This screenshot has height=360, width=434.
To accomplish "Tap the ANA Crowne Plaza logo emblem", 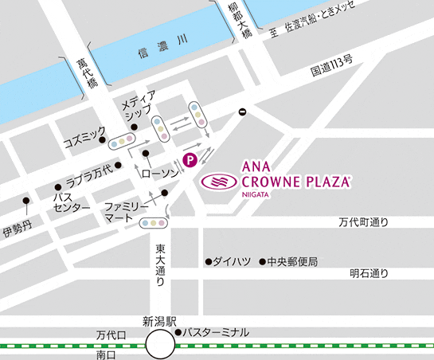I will [219, 182].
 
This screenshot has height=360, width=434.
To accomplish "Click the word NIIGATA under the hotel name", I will [256, 195].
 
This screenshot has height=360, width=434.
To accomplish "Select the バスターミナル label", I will [217, 331].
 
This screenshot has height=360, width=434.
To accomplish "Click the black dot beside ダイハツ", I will [208, 261].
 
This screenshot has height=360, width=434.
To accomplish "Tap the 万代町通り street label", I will [362, 223].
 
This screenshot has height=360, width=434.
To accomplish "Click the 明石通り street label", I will [369, 273].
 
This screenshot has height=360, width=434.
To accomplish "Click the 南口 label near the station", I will [105, 354].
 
